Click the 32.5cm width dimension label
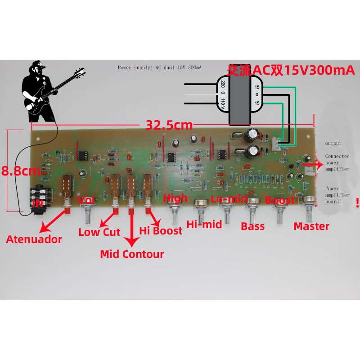click(x=169, y=124)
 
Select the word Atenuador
click(x=34, y=239)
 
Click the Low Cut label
click(x=99, y=232)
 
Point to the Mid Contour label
click(x=132, y=254)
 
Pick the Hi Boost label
click(x=161, y=231)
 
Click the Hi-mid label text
click(x=204, y=224)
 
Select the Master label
click(x=311, y=226)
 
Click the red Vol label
click(x=86, y=199)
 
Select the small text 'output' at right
click(x=333, y=144)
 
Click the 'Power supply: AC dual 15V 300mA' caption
click(x=160, y=67)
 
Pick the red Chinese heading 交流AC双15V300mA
click(x=292, y=70)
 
